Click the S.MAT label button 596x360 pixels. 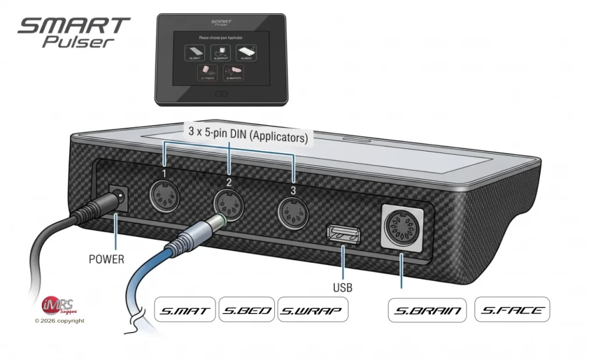coord(185,310)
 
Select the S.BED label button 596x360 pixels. coord(246,310)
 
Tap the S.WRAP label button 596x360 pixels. coord(313,310)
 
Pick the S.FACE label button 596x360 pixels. coord(512,310)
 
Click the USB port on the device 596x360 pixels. coord(343,234)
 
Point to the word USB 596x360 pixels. coord(343,287)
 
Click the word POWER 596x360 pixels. coord(107,259)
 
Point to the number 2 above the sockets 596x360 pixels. coord(229,182)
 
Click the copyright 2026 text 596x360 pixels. coord(59,320)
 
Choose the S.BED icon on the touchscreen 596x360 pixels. coord(246,54)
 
